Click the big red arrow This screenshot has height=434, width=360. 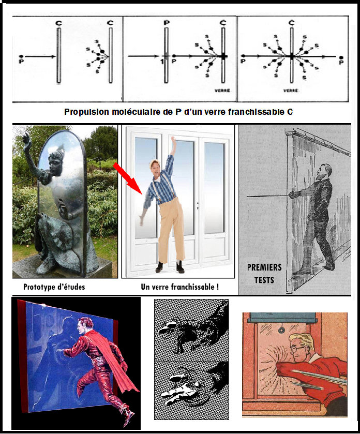click(x=128, y=178)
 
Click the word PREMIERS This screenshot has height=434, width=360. click(x=264, y=267)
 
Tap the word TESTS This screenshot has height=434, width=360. click(x=264, y=280)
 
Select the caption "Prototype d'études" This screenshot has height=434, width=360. click(x=54, y=287)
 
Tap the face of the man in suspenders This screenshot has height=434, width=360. click(x=155, y=169)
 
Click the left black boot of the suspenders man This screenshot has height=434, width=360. click(x=159, y=267)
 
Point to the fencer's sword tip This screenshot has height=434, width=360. click(x=247, y=197)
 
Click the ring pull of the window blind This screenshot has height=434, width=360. click(x=281, y=331)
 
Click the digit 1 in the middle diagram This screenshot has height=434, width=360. click(x=162, y=62)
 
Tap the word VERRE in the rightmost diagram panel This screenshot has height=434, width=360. click(x=290, y=91)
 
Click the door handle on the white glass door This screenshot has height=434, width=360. click(x=198, y=205)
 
